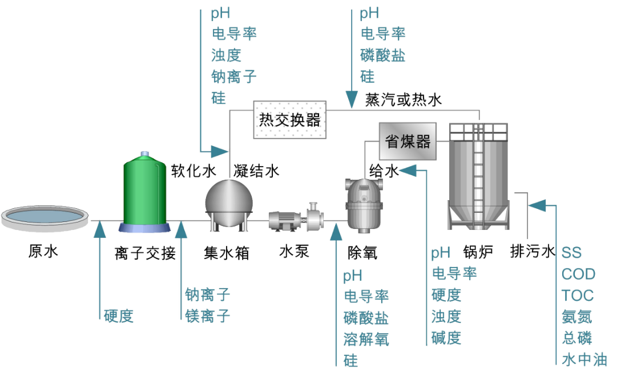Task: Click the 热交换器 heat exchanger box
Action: coord(289,120)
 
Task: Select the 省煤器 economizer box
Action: coord(408,141)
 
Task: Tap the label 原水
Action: coord(43,252)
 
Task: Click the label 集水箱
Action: coord(227,252)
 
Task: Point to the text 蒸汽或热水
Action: coord(403,100)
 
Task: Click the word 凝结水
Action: coord(256,170)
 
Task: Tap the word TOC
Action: coord(577,296)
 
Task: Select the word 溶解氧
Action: coord(366,339)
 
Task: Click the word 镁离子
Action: coord(208,315)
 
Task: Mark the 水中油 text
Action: coord(584,359)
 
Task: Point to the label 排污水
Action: coord(532,252)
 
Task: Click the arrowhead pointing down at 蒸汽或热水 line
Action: coord(350,100)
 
